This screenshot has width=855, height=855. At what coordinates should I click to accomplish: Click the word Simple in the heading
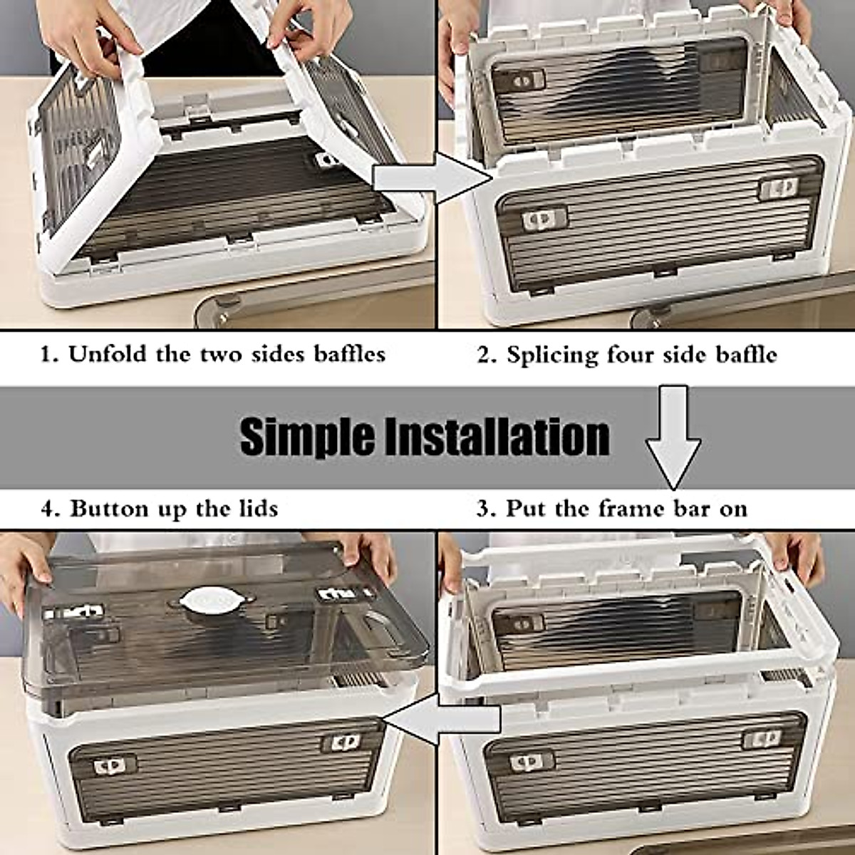pyautogui.click(x=306, y=436)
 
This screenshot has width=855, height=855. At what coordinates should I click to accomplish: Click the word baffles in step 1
pyautogui.click(x=349, y=354)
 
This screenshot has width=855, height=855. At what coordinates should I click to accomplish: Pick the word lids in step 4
pyautogui.click(x=256, y=509)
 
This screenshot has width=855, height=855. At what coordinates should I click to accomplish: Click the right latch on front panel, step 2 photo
pyautogui.click(x=780, y=187)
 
